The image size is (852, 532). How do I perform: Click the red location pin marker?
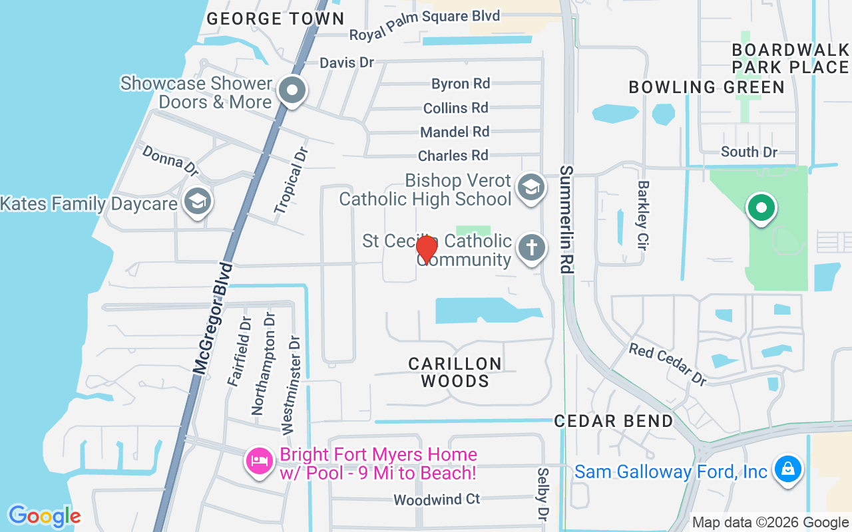coord(426,249)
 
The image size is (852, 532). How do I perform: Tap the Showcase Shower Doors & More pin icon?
coord(291,90)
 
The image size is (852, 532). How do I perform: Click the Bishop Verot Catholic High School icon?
coord(531,188)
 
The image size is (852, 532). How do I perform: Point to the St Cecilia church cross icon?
coord(531,249)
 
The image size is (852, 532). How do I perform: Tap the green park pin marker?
coord(761,208)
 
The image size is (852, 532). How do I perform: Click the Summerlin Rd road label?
coord(566,219)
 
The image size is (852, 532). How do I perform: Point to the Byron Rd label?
coord(461,84)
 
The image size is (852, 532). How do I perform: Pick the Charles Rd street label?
coord(453,156)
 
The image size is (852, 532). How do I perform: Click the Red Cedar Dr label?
coord(668,364)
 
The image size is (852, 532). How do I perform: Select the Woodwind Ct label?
coord(437,499)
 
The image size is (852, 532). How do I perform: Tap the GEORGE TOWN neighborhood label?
coord(275,19)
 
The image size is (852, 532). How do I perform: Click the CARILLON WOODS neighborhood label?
coord(455,372)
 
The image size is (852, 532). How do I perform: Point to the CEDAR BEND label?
coord(614,421)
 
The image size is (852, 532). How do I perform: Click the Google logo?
coord(44,515)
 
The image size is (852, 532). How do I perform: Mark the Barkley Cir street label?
coord(643,215)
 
